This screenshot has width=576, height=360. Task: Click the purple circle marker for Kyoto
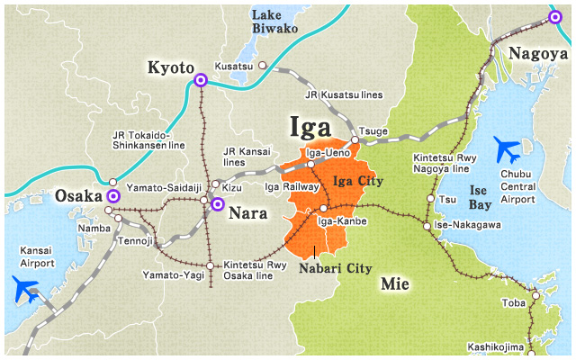[201, 81]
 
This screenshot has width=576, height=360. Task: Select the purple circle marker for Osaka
[113, 195]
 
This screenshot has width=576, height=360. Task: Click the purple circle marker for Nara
[217, 204]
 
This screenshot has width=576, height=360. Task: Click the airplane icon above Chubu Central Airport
[508, 148]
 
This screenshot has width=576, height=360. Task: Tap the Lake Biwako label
[274, 22]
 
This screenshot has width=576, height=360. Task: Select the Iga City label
[358, 181]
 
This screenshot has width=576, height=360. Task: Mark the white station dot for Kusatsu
[263, 66]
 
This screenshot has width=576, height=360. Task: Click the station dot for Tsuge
[355, 140]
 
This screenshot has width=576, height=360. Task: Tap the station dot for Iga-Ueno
[310, 165]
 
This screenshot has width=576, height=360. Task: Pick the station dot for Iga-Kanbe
[323, 209]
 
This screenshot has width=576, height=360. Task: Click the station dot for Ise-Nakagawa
[427, 226]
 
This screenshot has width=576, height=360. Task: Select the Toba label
[514, 303]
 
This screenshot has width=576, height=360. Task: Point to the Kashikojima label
[495, 346]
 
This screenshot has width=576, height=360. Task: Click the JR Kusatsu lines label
[344, 94]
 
